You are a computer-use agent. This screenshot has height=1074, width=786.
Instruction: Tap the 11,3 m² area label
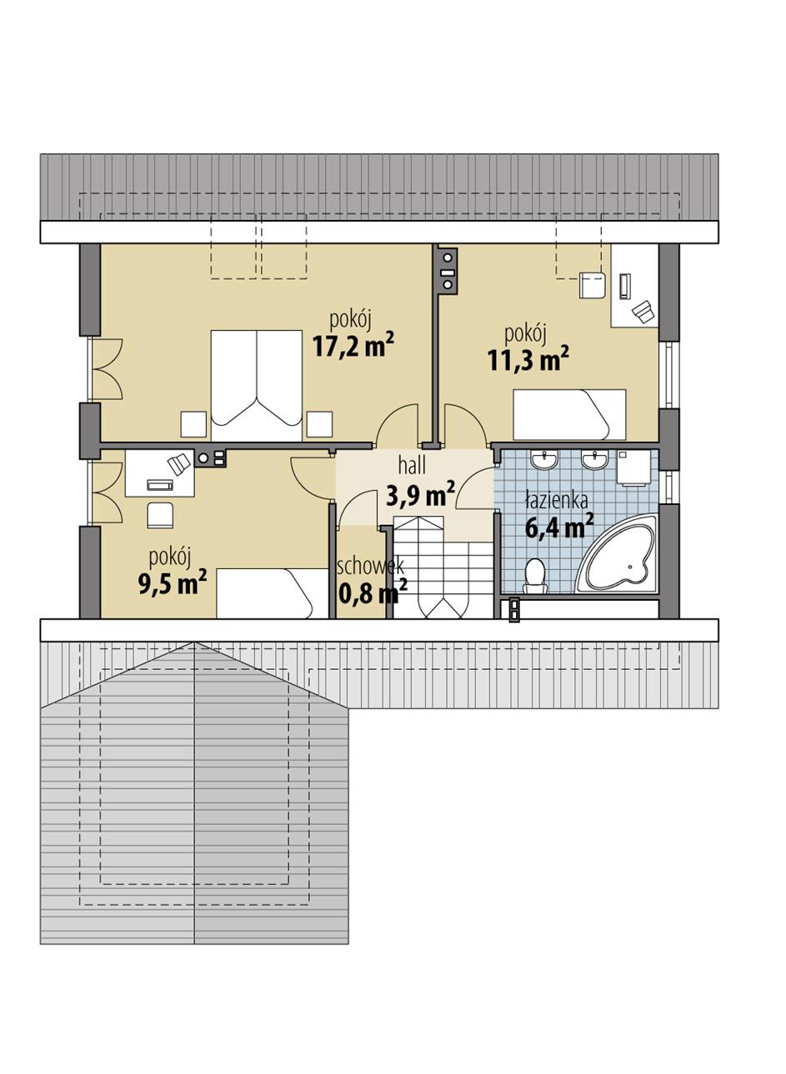pyautogui.click(x=528, y=359)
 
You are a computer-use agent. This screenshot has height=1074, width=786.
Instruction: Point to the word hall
pyautogui.click(x=412, y=466)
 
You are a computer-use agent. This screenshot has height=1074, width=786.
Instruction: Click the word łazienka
pyautogui.click(x=557, y=502)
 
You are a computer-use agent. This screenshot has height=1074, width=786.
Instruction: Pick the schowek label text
pyautogui.click(x=370, y=567)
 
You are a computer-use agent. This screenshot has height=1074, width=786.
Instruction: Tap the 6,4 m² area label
pyautogui.click(x=558, y=527)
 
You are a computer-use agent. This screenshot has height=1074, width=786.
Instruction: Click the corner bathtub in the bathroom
pyautogui.click(x=620, y=557)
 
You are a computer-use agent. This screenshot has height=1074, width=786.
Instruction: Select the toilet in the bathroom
pyautogui.click(x=534, y=576)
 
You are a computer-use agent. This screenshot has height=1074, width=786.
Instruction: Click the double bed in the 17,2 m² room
pyautogui.click(x=257, y=385)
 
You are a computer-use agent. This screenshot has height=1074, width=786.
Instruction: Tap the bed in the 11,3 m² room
pyautogui.click(x=568, y=414)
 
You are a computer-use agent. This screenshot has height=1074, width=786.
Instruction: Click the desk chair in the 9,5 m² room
pyautogui.click(x=160, y=515)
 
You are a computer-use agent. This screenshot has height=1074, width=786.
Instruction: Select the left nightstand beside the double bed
pyautogui.click(x=193, y=424)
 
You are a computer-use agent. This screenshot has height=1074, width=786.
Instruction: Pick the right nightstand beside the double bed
pyautogui.click(x=318, y=424)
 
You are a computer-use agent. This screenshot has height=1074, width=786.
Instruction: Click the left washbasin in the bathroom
pyautogui.click(x=546, y=460)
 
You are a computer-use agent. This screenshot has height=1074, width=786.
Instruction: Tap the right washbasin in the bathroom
pyautogui.click(x=595, y=460)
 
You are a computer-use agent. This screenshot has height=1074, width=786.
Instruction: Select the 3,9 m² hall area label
pyautogui.click(x=420, y=497)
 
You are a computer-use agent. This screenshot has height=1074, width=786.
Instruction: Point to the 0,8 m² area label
pyautogui.click(x=373, y=592)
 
